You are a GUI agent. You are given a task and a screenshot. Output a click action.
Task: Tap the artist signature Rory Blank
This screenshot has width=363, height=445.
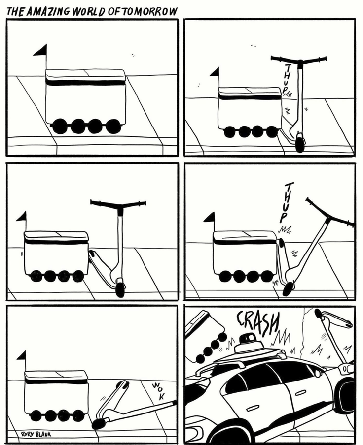tap(36, 434)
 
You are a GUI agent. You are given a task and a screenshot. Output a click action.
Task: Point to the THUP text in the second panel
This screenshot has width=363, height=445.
tap(288, 77)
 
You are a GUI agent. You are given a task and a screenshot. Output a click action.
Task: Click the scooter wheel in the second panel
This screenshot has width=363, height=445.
tap(300, 143)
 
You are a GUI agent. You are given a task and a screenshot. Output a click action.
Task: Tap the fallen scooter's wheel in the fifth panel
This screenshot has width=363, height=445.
tap(98, 423)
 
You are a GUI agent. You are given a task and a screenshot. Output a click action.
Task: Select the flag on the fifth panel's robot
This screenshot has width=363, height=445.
tap(22, 356)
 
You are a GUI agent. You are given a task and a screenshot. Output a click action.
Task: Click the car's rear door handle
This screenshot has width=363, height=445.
tap(299, 393)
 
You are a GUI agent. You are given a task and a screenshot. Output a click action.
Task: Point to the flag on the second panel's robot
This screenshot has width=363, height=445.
tap(216, 72)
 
